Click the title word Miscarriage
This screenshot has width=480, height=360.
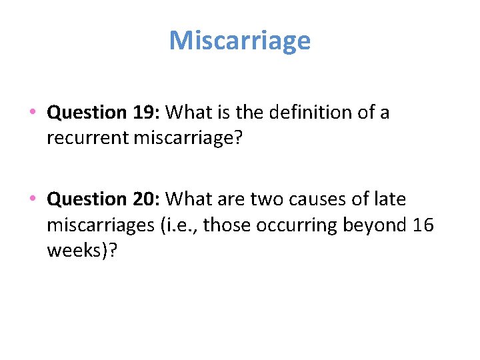coord(240,41)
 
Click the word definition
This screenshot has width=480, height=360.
coord(301,113)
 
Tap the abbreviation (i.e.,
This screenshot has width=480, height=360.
coord(178,225)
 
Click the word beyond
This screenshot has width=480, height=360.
coord(374,225)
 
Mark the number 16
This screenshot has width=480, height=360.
coord(423,225)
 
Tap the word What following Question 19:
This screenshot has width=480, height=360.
coord(189,113)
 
